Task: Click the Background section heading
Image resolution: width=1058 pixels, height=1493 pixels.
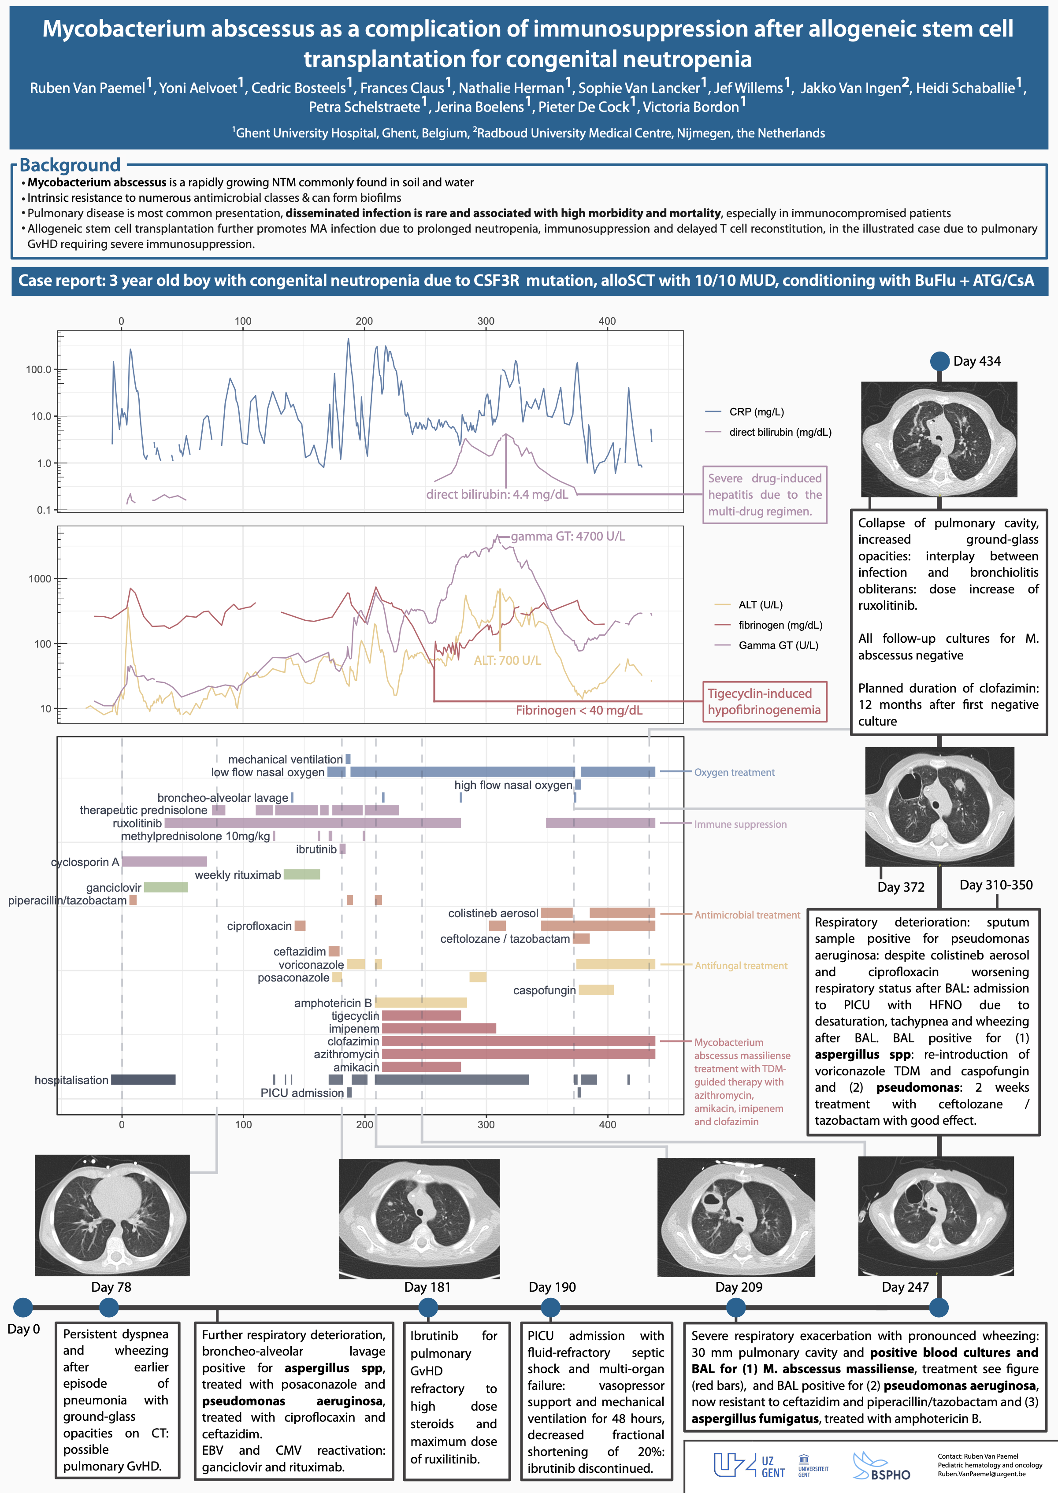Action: point(70,165)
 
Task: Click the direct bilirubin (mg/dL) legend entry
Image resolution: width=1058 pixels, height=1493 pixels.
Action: point(780,432)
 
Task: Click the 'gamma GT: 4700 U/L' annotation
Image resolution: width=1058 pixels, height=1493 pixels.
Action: point(568,536)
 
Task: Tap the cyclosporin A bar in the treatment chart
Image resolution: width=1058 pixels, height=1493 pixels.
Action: point(164,862)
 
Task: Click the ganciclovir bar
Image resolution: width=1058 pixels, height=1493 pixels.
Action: point(166,887)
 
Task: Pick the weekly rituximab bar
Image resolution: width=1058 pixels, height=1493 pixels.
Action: point(302,874)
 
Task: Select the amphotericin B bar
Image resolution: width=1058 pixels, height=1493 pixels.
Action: point(421,1003)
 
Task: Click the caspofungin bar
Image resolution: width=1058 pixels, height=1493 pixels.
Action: point(596,990)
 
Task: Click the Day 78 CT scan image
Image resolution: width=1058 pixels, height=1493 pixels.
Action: point(112,1215)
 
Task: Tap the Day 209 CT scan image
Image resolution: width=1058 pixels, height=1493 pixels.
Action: point(735,1216)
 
